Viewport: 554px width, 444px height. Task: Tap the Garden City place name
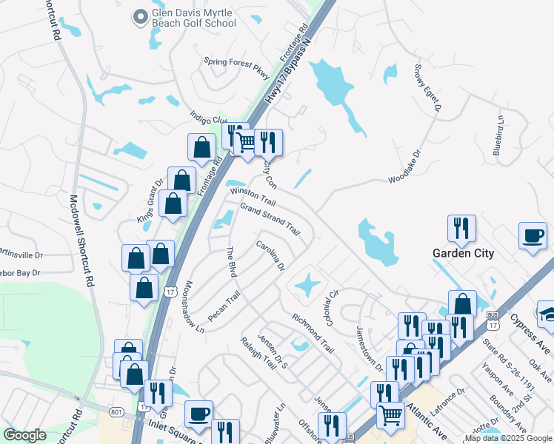(x=463, y=252)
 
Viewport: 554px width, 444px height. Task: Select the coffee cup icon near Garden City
(x=533, y=236)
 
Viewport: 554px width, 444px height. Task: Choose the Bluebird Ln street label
(x=501, y=135)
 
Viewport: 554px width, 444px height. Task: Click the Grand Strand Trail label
(x=270, y=219)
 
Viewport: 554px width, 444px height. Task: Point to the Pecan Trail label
(x=224, y=306)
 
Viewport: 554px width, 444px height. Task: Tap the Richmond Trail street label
(x=313, y=331)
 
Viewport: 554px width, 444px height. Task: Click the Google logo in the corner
(x=24, y=435)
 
